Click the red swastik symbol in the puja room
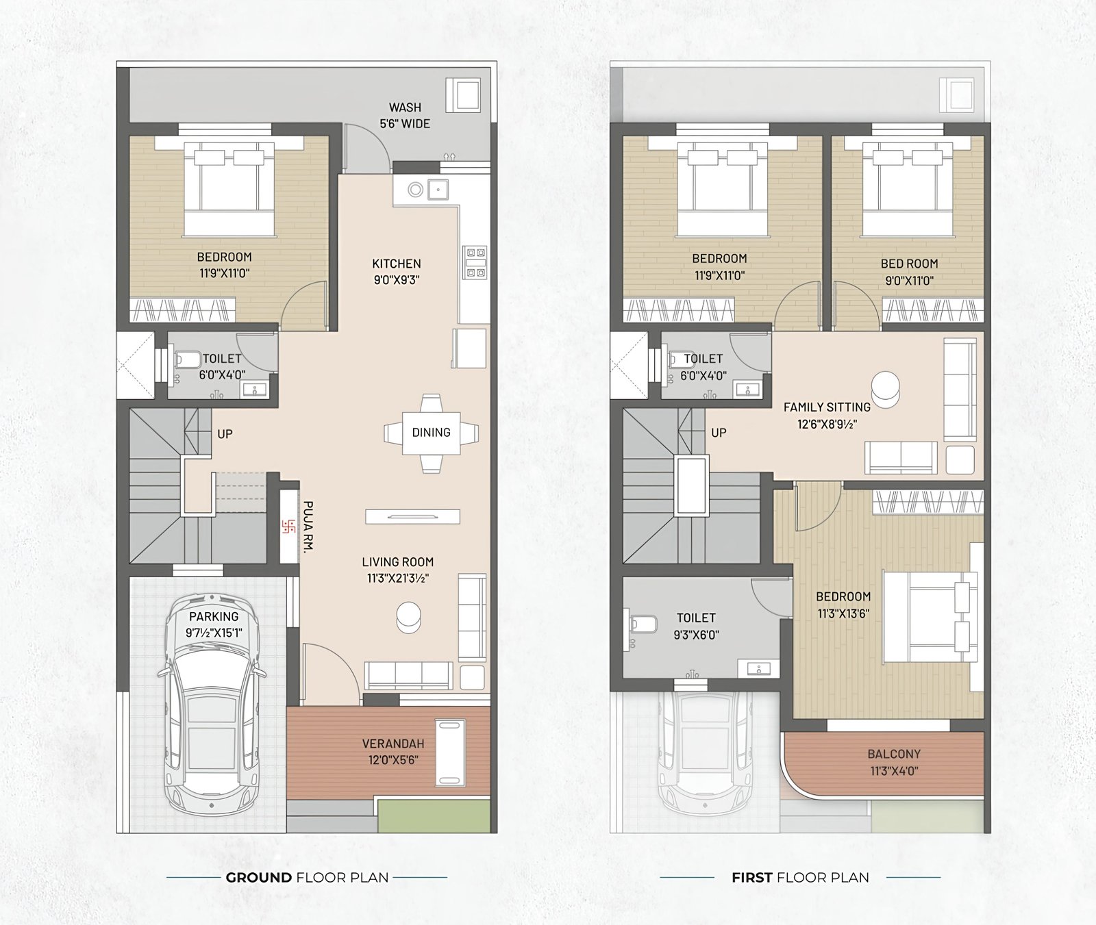pyautogui.click(x=288, y=527)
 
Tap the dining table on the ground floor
pyautogui.click(x=432, y=433)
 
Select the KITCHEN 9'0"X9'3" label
pyautogui.click(x=397, y=271)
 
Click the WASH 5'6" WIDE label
pyautogui.click(x=405, y=116)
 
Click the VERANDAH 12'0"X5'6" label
pyautogui.click(x=393, y=751)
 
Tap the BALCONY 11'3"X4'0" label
pyautogui.click(x=894, y=762)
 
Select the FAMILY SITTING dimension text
pyautogui.click(x=827, y=424)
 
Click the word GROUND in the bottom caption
pyautogui.click(x=258, y=877)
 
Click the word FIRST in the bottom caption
pyautogui.click(x=751, y=877)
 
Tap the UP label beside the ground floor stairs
pyautogui.click(x=225, y=434)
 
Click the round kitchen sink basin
pyautogui.click(x=415, y=190)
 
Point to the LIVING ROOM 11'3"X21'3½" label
pyautogui.click(x=398, y=570)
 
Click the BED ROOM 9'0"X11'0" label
pyautogui.click(x=909, y=272)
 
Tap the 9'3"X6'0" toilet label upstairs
pyautogui.click(x=696, y=635)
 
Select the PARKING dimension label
pyautogui.click(x=214, y=633)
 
